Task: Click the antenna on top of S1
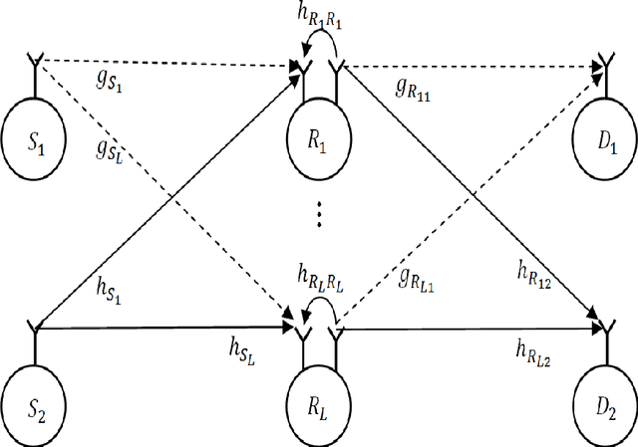[x=37, y=68]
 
